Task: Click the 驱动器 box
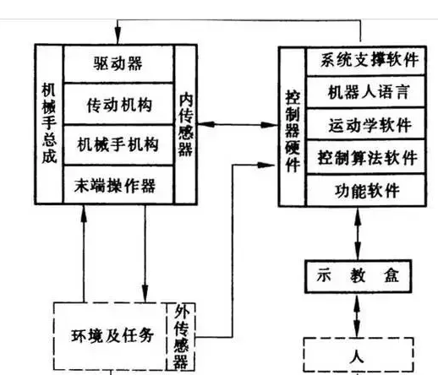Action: pos(118,63)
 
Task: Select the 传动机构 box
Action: pos(118,104)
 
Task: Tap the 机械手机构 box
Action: pos(118,144)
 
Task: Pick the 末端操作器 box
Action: pos(118,185)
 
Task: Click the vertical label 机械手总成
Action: pos(49,122)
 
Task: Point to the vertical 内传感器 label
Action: pos(186,124)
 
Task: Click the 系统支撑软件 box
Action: pos(366,61)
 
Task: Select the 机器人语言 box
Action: pos(366,92)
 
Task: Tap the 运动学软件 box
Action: pos(366,124)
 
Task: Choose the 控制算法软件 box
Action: pos(366,156)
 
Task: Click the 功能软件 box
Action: pos(366,190)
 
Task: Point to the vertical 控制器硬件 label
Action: pos(293,131)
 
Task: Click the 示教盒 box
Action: pos(359,276)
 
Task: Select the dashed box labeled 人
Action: pos(359,355)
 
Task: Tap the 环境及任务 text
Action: pos(112,335)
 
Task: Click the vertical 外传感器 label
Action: pos(181,337)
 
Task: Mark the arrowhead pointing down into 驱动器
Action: pos(118,36)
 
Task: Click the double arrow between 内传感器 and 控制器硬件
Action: pos(238,124)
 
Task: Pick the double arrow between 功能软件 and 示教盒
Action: pos(358,234)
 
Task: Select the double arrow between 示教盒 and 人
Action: pos(357,315)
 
